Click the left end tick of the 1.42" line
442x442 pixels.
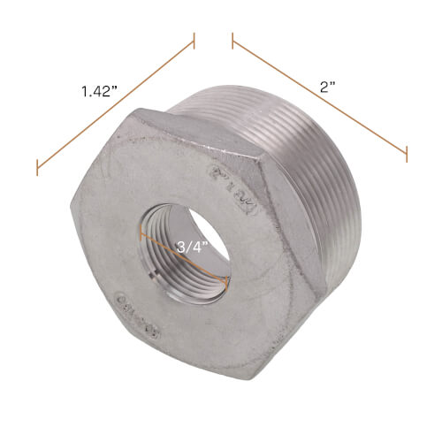pos(37,165)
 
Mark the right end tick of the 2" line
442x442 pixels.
pos(407,152)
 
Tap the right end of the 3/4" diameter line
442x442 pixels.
pos(229,282)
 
